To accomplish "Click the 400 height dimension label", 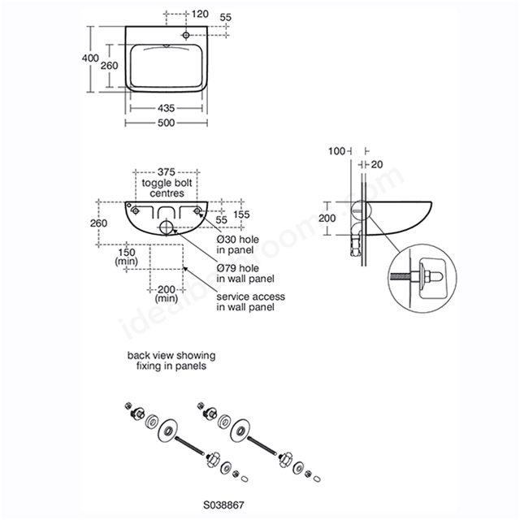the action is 90,58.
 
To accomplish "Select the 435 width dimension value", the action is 166,108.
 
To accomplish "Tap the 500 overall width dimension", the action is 166,123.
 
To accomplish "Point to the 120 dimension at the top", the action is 200,14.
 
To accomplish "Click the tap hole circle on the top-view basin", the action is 186,35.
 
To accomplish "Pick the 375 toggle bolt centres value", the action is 166,171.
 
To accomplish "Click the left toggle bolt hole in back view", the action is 136,210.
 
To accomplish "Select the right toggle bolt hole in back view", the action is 197,210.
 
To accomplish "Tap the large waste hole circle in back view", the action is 167,227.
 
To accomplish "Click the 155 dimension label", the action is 241,214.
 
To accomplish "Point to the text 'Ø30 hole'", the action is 238,239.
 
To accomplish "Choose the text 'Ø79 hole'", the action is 238,268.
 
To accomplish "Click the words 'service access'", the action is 251,297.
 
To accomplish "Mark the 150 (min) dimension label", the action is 127,257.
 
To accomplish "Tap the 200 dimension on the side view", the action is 327,219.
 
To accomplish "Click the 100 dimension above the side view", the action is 336,151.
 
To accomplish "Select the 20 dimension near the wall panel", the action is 377,164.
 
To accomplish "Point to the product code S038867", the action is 224,505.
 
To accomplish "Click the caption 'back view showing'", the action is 171,356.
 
